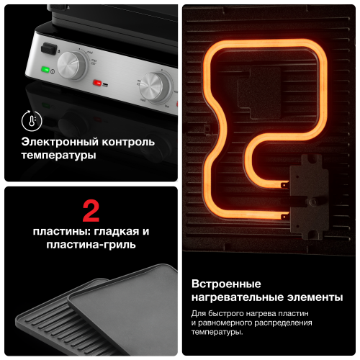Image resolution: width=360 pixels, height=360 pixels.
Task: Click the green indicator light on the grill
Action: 45,70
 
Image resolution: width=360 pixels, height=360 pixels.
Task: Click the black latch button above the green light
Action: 48,48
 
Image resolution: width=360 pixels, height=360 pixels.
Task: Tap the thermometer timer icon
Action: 30,119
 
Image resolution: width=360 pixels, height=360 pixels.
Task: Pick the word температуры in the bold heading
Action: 58,155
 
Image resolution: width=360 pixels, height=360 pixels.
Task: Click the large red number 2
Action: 91,211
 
